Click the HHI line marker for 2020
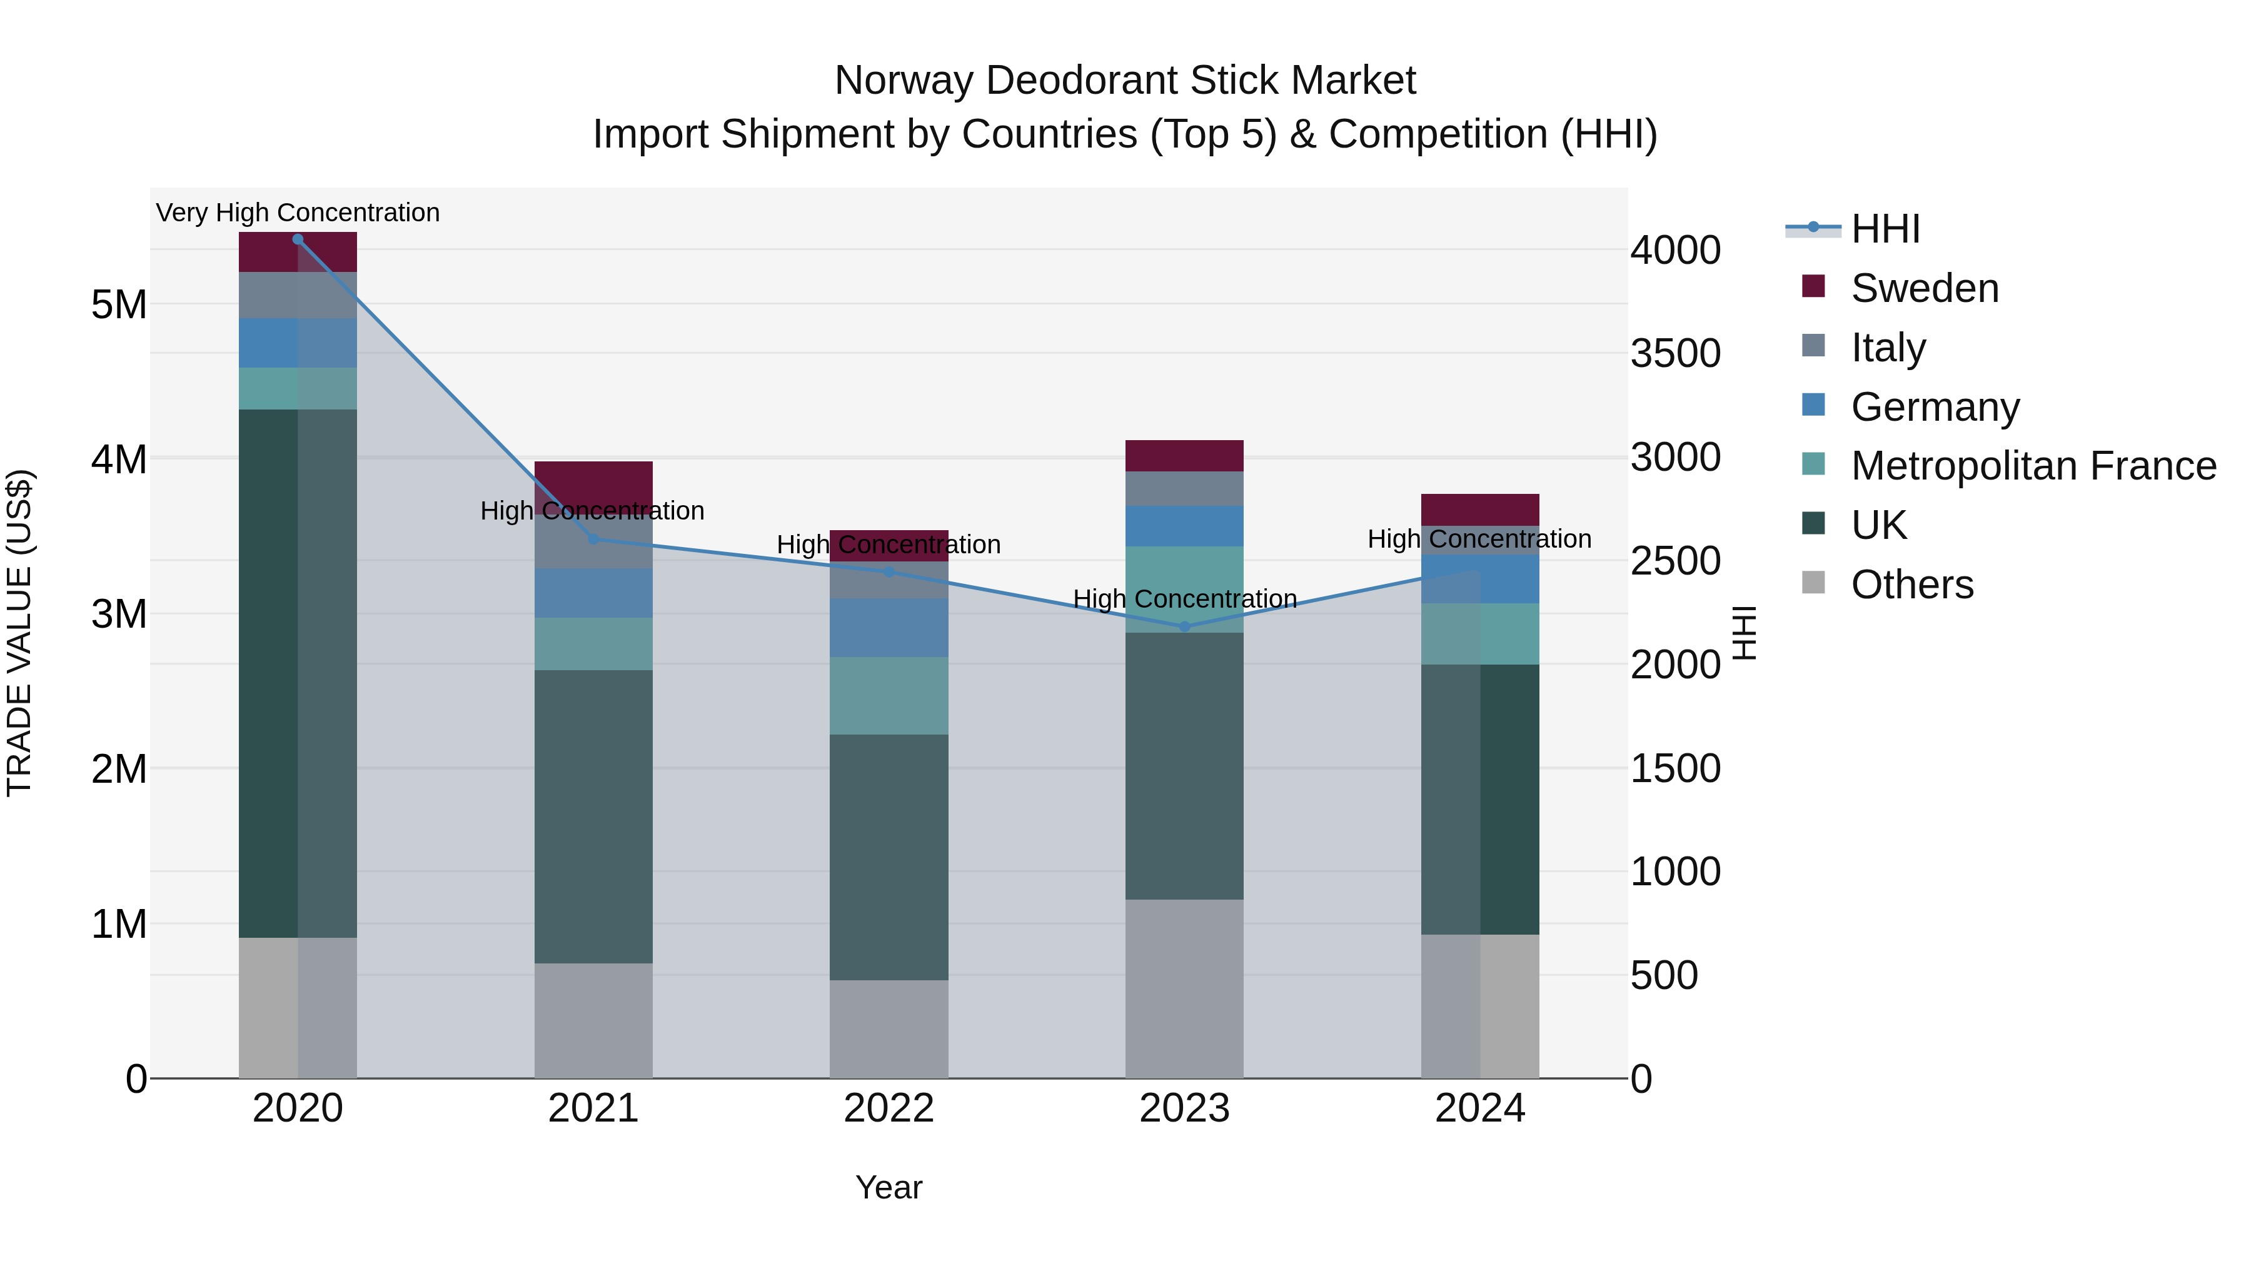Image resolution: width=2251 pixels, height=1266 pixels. pos(298,239)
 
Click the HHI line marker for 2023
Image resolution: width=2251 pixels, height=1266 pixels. pos(1184,626)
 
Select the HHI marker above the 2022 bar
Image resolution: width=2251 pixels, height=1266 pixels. pos(889,572)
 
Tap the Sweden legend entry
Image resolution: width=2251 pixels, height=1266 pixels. pos(1924,288)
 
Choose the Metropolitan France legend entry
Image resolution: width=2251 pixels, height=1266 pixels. pos(2033,466)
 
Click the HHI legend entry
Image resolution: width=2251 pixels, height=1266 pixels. pos(1885,229)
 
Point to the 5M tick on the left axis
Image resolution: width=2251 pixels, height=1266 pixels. pos(119,305)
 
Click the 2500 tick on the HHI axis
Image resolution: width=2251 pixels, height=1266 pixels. pos(1675,561)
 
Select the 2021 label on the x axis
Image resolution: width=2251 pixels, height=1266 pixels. pos(593,1108)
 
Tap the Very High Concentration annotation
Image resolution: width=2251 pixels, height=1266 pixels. pos(298,213)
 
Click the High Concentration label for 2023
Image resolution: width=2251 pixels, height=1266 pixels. pos(1184,600)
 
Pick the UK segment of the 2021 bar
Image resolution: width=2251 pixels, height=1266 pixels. pos(593,817)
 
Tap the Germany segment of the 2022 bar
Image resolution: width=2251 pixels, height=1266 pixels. pos(889,627)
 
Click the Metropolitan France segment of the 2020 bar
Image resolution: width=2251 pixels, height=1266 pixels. pos(298,389)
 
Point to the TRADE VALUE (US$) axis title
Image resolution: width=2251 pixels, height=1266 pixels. pos(19,633)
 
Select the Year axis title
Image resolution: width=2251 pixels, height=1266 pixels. pos(889,1187)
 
